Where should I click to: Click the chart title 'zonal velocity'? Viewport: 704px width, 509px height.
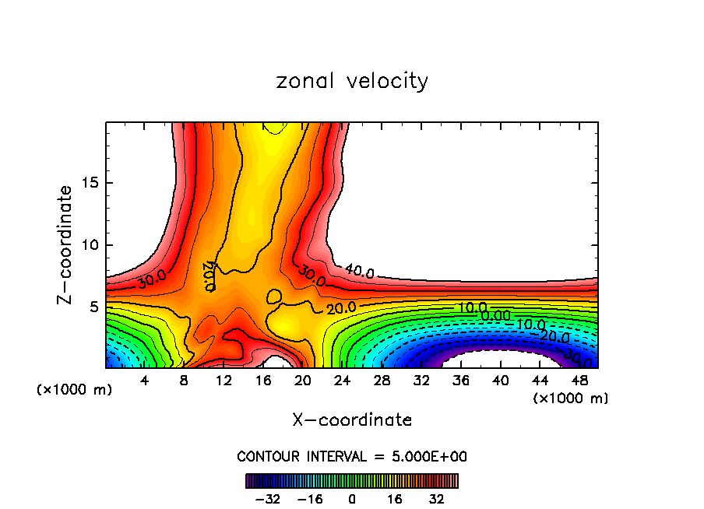click(x=352, y=81)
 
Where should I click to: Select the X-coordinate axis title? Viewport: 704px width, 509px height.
click(x=352, y=420)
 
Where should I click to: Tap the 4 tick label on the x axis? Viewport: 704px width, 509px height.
click(x=145, y=381)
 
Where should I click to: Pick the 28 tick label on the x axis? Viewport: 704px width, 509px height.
click(x=382, y=381)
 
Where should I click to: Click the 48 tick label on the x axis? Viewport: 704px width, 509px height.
click(x=579, y=381)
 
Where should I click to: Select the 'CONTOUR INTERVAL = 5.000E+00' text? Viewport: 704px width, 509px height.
click(x=352, y=456)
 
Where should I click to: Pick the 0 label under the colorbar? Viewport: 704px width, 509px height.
click(x=352, y=498)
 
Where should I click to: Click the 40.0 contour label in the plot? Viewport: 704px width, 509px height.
click(x=359, y=272)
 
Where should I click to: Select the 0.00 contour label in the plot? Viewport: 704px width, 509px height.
click(x=495, y=315)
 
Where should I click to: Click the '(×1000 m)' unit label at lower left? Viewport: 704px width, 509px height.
click(x=75, y=390)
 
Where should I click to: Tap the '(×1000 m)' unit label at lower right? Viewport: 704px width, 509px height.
click(x=571, y=398)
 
